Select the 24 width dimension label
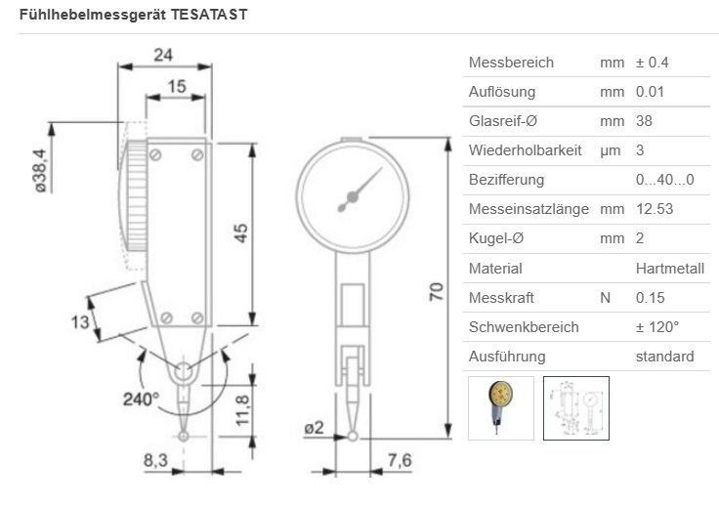pos(164,55)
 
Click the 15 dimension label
pos(176,87)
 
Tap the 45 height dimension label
pos(241,232)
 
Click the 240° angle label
pos(141,400)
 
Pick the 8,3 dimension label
pos(155,458)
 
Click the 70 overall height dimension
pos(435,290)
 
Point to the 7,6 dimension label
pos(401,458)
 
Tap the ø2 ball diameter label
pos(315,428)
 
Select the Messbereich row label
pos(511,63)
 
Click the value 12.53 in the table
pos(655,209)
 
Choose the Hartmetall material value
pos(669,268)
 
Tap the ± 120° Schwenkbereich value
pos(656,326)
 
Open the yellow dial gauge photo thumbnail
pos(501,408)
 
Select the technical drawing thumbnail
pos(575,408)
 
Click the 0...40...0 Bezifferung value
pos(664,180)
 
